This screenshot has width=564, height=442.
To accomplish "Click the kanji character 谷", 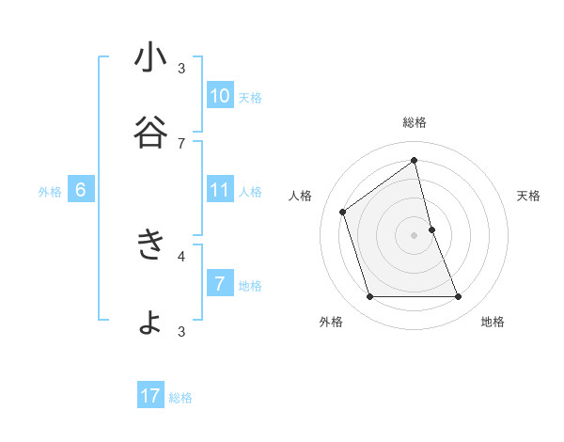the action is tap(150, 133).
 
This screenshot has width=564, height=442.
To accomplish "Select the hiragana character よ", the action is tap(150, 322).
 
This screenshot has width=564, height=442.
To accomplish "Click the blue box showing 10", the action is tap(220, 96).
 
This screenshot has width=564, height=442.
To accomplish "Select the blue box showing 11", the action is tap(220, 190).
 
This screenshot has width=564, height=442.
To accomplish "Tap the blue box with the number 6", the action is tap(81, 190).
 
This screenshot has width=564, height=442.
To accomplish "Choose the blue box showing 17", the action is tap(150, 396).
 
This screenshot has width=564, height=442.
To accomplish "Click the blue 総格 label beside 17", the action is tap(180, 398).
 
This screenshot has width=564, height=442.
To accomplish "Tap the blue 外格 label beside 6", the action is tap(50, 192).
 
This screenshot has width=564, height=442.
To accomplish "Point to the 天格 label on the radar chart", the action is tap(528, 196).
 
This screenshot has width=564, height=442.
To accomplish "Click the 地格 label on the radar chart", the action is tap(493, 322).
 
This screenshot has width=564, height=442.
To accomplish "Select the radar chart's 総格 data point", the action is tap(415, 161).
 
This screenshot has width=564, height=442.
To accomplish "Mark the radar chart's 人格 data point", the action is tap(343, 212).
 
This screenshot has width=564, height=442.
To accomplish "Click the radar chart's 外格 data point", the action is tap(369, 297).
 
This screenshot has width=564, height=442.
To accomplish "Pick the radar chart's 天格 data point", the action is tap(432, 229).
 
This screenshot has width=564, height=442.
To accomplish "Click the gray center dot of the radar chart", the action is tap(415, 235).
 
